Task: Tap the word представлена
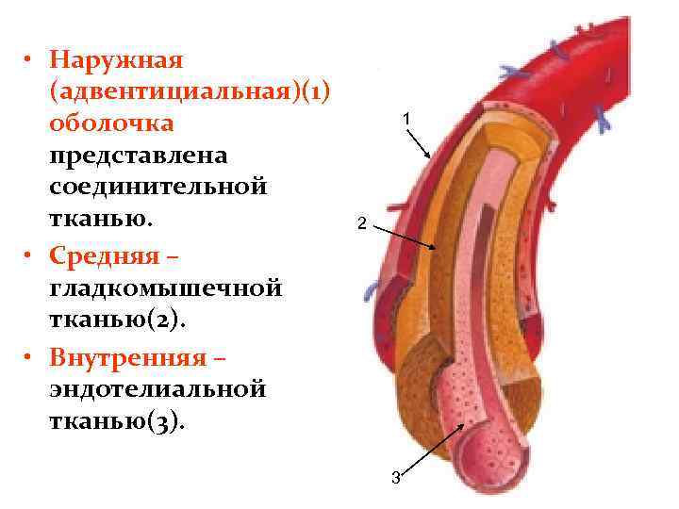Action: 134,155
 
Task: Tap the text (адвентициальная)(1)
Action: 187,91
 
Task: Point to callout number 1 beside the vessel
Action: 405,120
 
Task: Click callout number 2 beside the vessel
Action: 359,224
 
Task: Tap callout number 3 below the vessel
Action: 396,477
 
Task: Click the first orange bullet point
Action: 30,60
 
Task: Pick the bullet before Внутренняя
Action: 30,359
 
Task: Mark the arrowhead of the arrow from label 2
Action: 435,247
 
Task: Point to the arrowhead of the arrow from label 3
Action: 463,424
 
